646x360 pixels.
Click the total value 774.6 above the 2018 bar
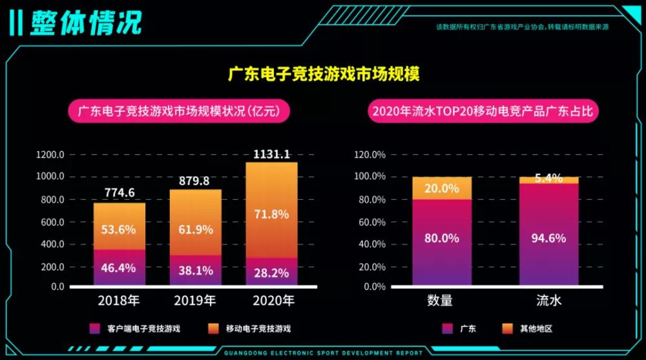119,193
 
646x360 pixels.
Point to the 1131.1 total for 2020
271,154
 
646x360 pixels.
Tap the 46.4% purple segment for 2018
119,267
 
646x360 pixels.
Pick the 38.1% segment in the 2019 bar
195,271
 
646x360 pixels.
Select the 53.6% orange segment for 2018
119,229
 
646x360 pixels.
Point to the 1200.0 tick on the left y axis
50,154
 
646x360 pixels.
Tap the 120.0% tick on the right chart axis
370,154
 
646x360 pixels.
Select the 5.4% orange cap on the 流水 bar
549,180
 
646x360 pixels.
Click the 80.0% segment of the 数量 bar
442,238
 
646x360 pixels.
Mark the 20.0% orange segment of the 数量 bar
442,188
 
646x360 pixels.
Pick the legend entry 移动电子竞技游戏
252,328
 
